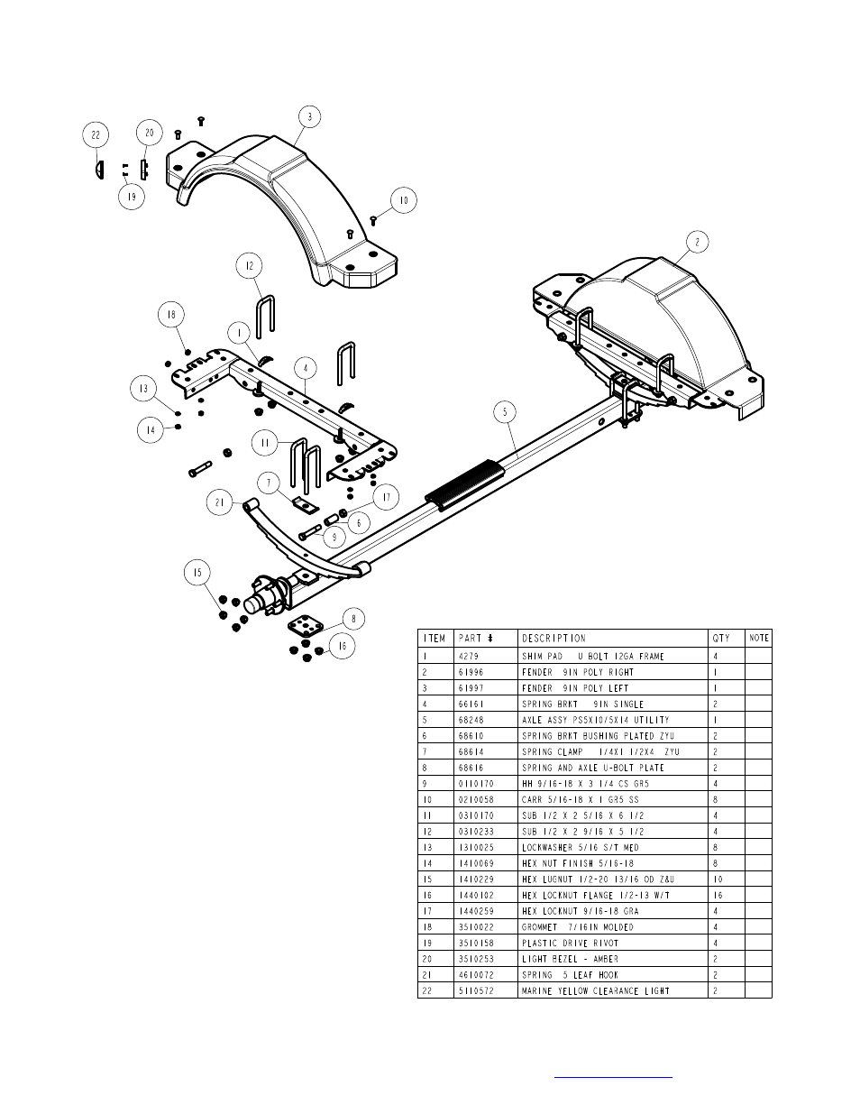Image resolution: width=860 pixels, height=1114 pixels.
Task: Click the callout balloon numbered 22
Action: coord(96,134)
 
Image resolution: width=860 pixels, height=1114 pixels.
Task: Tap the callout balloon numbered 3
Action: coord(310,117)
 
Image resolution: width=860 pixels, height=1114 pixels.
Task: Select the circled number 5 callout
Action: coord(505,411)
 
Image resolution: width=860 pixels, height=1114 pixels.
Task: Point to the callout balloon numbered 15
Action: coord(197,573)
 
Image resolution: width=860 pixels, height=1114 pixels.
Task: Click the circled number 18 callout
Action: coord(171,314)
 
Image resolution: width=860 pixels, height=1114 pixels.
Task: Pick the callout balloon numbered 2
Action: coord(697,242)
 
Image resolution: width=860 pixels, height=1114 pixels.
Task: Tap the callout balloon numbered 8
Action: coord(353,619)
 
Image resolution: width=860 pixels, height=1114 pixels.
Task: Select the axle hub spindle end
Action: coord(254,604)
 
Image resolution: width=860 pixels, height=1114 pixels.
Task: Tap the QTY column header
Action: coord(720,639)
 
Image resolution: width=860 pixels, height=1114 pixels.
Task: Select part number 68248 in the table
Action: coord(471,720)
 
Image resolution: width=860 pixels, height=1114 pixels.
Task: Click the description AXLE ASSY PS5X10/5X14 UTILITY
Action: coord(595,720)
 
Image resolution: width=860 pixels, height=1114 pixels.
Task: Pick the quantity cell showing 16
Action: coord(718,895)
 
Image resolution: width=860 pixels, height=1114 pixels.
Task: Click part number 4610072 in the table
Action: coord(476,975)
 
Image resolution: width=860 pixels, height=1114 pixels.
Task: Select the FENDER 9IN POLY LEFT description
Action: coord(575,688)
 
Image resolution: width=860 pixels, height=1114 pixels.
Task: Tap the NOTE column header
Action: coord(758,638)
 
